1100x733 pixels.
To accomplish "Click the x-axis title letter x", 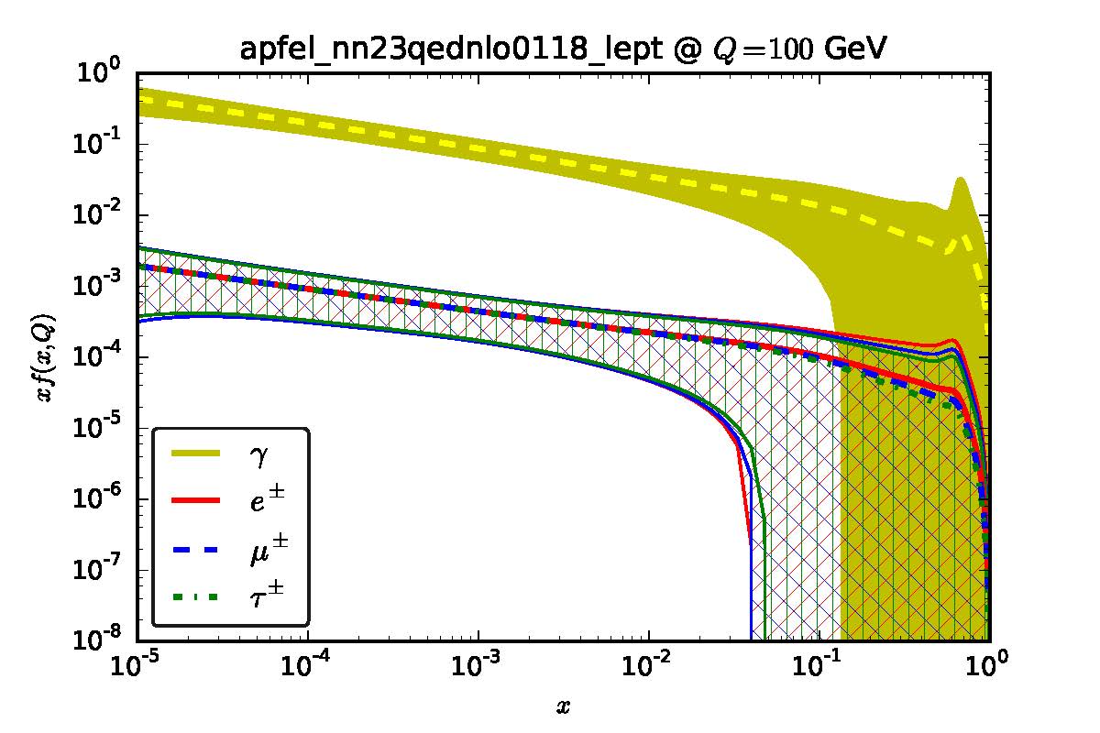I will tap(563, 706).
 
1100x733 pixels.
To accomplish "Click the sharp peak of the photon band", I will tap(961, 180).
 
